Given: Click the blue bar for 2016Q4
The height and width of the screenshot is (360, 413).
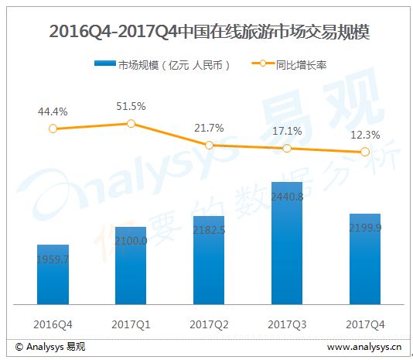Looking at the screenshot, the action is [53, 275].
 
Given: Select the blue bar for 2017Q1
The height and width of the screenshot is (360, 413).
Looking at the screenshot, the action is [131, 266].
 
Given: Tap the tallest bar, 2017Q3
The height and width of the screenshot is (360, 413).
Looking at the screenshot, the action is [287, 243].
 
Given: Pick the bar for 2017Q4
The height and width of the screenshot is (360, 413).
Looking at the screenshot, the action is [365, 259].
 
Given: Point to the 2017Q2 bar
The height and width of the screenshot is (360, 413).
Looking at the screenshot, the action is [209, 260].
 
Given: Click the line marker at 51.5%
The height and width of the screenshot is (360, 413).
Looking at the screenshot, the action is [131, 123].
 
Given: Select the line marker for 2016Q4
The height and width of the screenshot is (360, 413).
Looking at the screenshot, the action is [53, 129].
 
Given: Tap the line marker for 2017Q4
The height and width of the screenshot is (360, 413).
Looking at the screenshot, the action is [365, 152].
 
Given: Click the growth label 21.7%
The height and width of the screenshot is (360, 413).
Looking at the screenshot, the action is [209, 129].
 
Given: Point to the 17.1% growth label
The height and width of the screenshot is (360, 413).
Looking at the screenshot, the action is [287, 131].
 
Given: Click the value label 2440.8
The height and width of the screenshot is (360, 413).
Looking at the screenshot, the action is [287, 197].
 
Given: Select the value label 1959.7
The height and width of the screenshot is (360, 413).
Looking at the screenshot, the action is [53, 260].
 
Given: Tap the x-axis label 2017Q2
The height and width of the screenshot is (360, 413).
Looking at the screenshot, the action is [209, 324].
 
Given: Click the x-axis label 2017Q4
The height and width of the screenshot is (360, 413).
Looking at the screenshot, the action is [365, 324].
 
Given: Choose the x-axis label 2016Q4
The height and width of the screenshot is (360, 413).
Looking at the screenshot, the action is [53, 324].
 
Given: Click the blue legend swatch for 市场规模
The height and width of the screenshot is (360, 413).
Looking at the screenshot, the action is [105, 63].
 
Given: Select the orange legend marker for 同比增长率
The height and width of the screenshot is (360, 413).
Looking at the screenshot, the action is [263, 63].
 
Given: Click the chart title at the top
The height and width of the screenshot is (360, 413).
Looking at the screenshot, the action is [210, 32].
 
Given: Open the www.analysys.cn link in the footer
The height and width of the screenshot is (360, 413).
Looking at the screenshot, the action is [364, 347].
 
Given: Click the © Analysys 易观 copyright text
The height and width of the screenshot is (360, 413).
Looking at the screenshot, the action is [50, 347].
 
